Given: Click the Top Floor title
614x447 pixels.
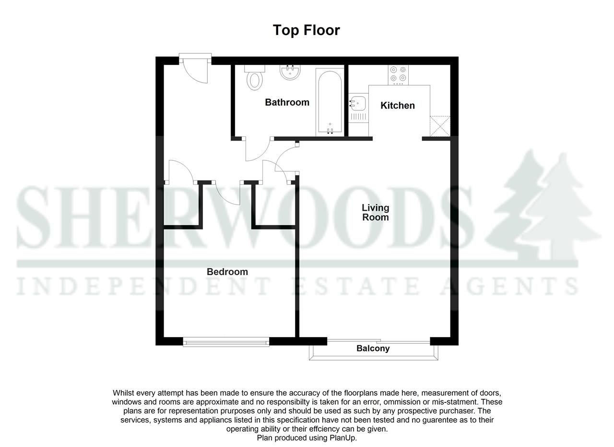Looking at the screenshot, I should [306, 30].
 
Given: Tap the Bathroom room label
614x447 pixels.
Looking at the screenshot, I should [287, 102].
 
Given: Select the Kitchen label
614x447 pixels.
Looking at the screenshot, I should [397, 106].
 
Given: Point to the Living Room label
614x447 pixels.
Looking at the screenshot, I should [375, 212].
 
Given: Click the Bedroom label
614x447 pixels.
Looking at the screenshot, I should [227, 272].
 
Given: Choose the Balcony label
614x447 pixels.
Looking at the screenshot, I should [373, 349].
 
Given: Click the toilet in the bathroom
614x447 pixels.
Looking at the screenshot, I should [255, 78].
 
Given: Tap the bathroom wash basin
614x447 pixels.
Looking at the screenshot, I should [290, 72].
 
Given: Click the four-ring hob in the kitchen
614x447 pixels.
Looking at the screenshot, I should [398, 74].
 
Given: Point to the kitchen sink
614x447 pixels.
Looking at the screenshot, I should [358, 103].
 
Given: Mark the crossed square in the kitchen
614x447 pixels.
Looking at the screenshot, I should [440, 126].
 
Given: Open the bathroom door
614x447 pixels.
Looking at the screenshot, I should [258, 150].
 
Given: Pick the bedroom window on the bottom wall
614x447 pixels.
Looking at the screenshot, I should [226, 342].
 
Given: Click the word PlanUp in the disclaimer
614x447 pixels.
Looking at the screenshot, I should [342, 438].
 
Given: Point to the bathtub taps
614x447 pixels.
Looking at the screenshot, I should [330, 130].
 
